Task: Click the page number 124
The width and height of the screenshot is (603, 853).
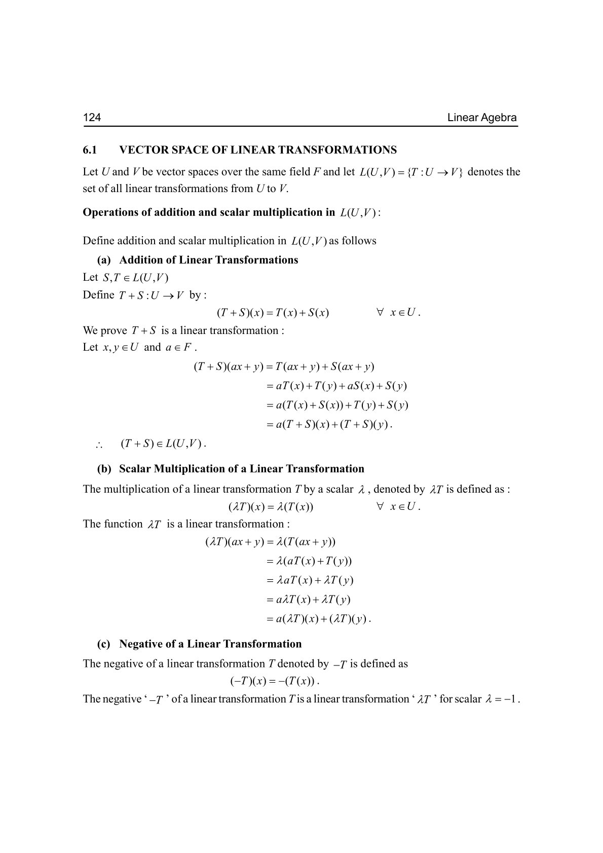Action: coord(92,118)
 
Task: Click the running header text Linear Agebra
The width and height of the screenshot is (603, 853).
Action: coord(482,118)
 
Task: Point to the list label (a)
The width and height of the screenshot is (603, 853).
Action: coord(104,260)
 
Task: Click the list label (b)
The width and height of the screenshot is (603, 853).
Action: coord(104,469)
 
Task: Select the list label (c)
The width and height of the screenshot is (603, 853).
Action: coord(104,644)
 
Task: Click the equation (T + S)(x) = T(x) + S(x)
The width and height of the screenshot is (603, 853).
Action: coord(273,313)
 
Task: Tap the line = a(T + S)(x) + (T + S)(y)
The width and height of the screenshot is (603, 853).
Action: coord(329,425)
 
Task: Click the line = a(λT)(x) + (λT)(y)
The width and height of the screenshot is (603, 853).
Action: coord(319,619)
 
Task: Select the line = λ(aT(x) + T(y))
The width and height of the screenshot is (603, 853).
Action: coord(309,561)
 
